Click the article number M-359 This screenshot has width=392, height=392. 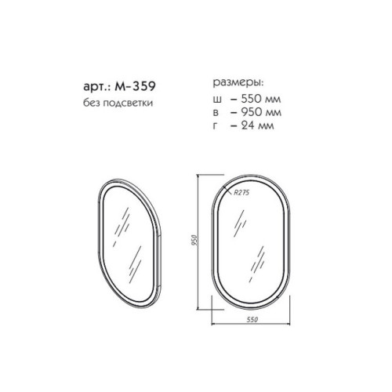pyautogui.click(x=135, y=86)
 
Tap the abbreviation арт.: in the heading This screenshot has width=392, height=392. pyautogui.click(x=97, y=86)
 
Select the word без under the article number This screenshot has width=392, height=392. pyautogui.click(x=92, y=103)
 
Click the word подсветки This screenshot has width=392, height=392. pyautogui.click(x=128, y=103)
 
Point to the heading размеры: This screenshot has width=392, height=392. pyautogui.click(x=238, y=83)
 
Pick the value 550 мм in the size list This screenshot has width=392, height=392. pyautogui.click(x=261, y=99)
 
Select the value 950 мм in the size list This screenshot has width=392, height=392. pyautogui.click(x=261, y=112)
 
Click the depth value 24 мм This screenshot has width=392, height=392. pyautogui.click(x=257, y=125)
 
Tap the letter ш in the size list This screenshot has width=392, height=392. pyautogui.click(x=217, y=100)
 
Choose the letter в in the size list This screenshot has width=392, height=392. pyautogui.click(x=216, y=113)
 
